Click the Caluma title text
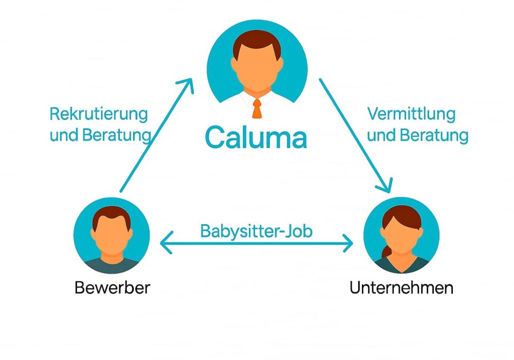(255, 136)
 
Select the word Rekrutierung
(99, 114)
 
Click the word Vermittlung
(412, 114)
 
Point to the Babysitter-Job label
(256, 231)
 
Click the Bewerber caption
(113, 287)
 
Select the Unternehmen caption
(401, 287)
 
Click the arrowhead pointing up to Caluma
(188, 85)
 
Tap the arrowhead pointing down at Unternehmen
(385, 186)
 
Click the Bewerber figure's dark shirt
(112, 265)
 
